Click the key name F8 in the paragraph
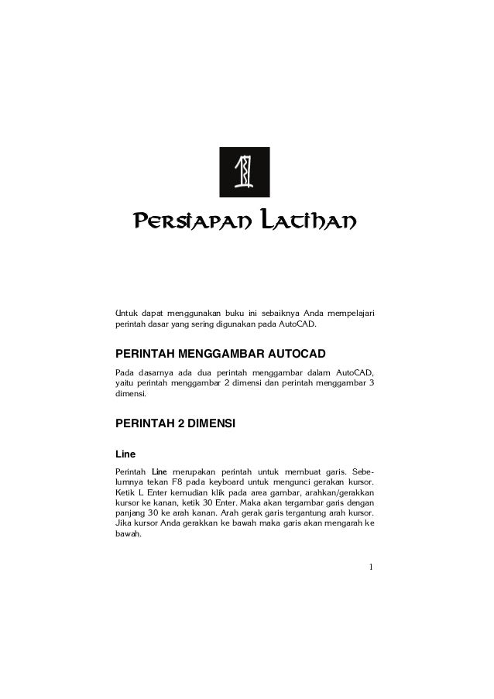click(x=179, y=482)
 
